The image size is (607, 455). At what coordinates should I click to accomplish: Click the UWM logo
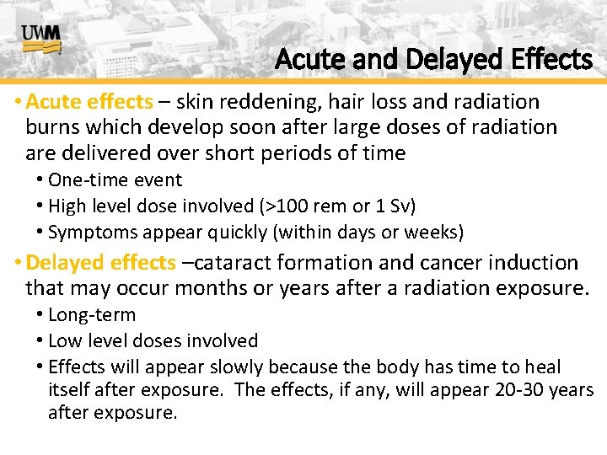pyautogui.click(x=41, y=39)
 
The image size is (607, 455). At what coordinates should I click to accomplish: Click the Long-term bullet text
pyautogui.click(x=92, y=315)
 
